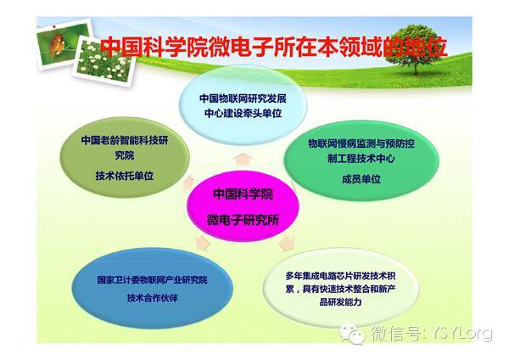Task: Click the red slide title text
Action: [x=274, y=47]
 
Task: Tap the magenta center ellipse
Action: [x=243, y=206]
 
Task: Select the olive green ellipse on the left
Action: [x=125, y=158]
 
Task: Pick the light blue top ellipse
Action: [x=243, y=104]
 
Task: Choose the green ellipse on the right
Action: [x=361, y=160]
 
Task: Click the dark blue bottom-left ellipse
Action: [x=152, y=288]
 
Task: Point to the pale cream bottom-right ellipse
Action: [x=340, y=288]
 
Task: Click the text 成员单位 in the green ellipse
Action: [x=361, y=179]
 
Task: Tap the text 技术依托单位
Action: [x=125, y=176]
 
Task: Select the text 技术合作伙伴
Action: [x=152, y=298]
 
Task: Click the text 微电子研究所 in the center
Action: [x=243, y=220]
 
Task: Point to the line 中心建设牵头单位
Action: [x=243, y=113]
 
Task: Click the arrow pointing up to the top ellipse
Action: [x=243, y=160]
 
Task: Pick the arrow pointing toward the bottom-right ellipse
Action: [x=287, y=243]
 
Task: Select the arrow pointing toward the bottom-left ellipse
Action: [x=202, y=243]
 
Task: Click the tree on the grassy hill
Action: [x=417, y=48]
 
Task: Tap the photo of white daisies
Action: [x=104, y=61]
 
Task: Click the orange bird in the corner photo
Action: [x=58, y=44]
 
